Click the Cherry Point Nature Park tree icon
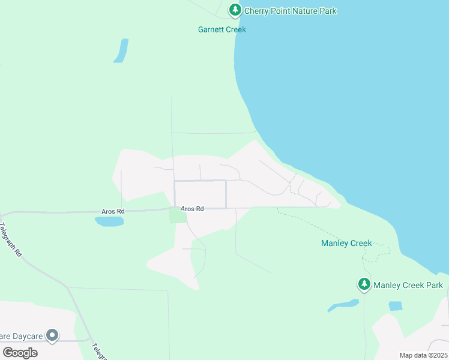235,10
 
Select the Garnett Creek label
222,29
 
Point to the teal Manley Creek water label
346,243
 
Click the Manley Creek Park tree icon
364,284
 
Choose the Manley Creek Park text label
408,285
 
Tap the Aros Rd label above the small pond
113,211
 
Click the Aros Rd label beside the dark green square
193,209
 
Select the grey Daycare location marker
53,335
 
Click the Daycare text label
22,336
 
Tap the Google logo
20,352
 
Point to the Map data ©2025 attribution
423,355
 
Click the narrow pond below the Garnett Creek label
121,51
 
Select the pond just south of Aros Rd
109,221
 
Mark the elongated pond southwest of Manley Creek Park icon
343,305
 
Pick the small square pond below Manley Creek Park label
395,306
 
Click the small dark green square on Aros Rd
178,215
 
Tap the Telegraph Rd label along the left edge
10,240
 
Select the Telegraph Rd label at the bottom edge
98,351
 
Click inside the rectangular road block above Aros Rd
200,194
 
